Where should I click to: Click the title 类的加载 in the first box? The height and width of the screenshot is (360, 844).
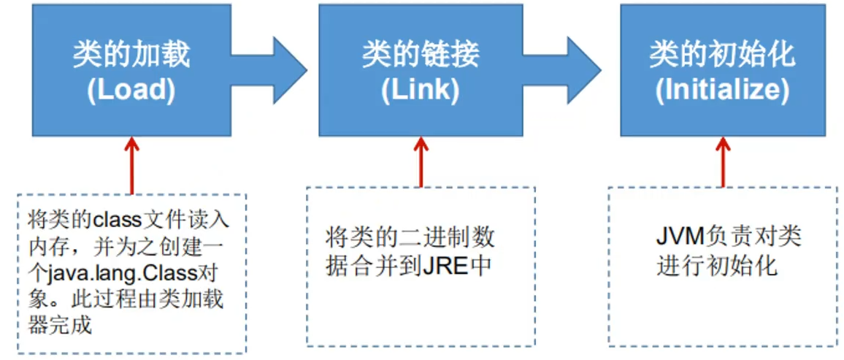131,55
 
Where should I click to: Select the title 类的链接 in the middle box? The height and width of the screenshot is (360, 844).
421,55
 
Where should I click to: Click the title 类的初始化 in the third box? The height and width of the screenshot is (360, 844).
722,55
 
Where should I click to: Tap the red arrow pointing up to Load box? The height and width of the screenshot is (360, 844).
132,164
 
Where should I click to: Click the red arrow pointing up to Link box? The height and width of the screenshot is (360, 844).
421,161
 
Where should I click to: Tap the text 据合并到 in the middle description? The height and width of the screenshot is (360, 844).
373,266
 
